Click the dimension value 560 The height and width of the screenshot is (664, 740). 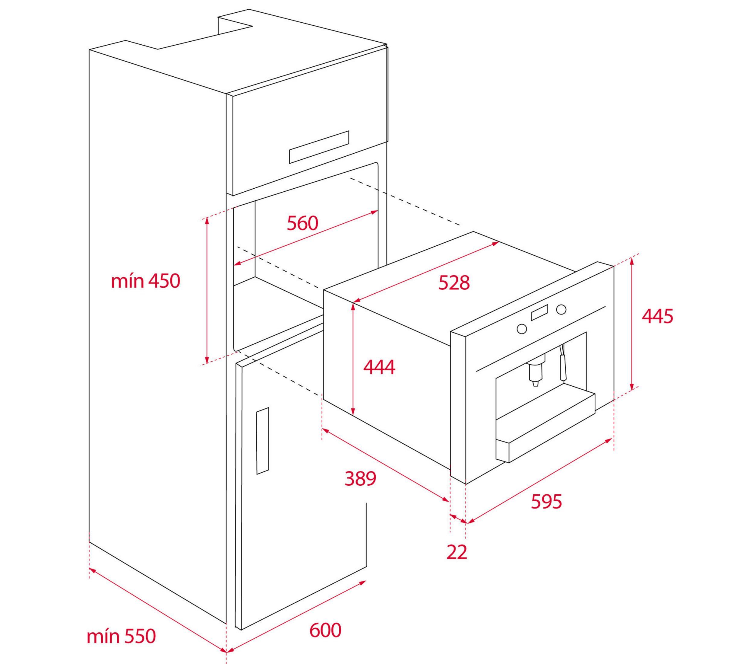tap(302, 223)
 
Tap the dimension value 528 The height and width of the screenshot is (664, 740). tap(454, 283)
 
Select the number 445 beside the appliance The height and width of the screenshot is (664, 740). tap(657, 316)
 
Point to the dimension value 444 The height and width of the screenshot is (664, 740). tap(379, 367)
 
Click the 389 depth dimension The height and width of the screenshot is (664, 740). tap(360, 479)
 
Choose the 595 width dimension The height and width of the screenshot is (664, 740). tap(546, 501)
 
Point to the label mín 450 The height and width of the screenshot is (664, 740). tap(145, 281)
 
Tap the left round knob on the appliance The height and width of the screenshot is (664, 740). tap(522, 329)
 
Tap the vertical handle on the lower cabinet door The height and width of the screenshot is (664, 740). tap(262, 441)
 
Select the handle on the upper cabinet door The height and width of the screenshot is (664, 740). tap(319, 147)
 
